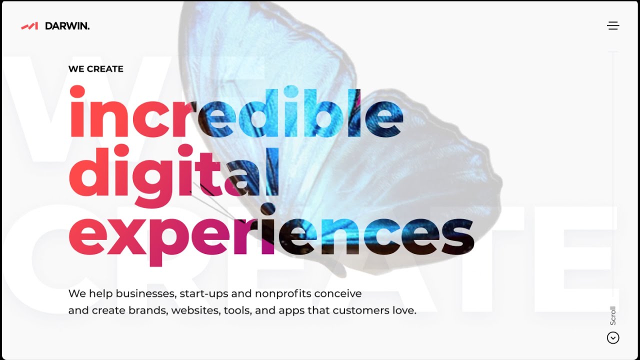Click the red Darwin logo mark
point(29,26)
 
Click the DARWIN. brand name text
point(67,26)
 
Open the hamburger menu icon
point(613,25)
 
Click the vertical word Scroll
point(613,315)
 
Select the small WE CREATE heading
point(96,69)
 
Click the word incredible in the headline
point(236,112)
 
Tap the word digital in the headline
point(173,175)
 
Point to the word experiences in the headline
point(271,235)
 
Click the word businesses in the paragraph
point(146,293)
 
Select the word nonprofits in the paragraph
point(283,294)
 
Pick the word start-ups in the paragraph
point(204,294)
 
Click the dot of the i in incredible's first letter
point(77,92)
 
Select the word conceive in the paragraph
point(338,293)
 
